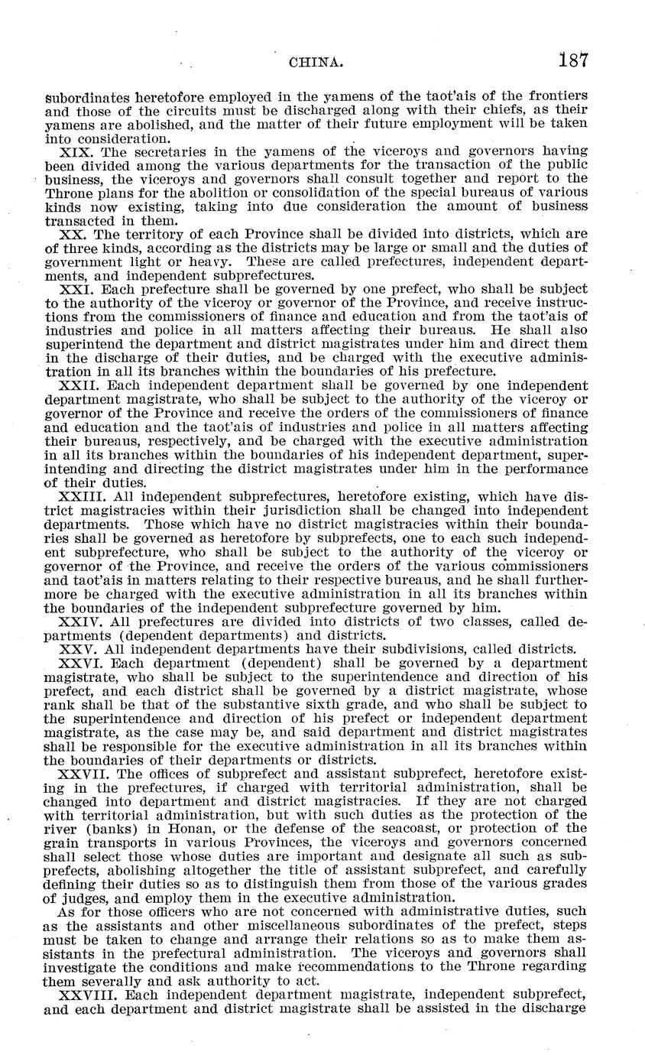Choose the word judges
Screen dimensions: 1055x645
click(82, 897)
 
